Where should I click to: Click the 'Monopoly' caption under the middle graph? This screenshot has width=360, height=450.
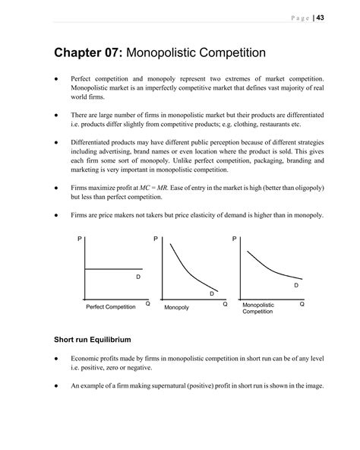click(176, 306)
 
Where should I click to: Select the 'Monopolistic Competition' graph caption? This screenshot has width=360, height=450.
click(258, 308)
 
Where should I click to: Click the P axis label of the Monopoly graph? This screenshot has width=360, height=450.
click(156, 239)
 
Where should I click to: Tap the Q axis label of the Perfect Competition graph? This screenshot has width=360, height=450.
click(147, 303)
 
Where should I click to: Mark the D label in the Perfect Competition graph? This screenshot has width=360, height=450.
click(137, 277)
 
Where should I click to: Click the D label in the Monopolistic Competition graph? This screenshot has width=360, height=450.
click(295, 285)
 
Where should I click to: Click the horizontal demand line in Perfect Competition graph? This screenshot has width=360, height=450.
click(114, 268)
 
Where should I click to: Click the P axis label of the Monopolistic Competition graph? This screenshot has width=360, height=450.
click(234, 239)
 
